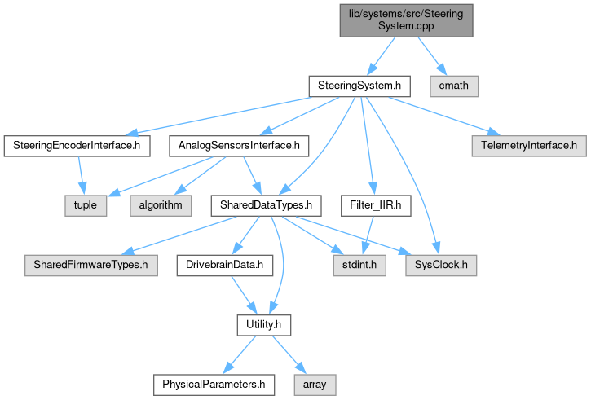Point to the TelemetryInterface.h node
[528, 146]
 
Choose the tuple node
[86, 204]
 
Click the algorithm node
[159, 204]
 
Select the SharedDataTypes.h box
[254, 204]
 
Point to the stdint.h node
[354, 265]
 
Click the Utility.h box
[262, 325]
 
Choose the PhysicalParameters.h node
[213, 382]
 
